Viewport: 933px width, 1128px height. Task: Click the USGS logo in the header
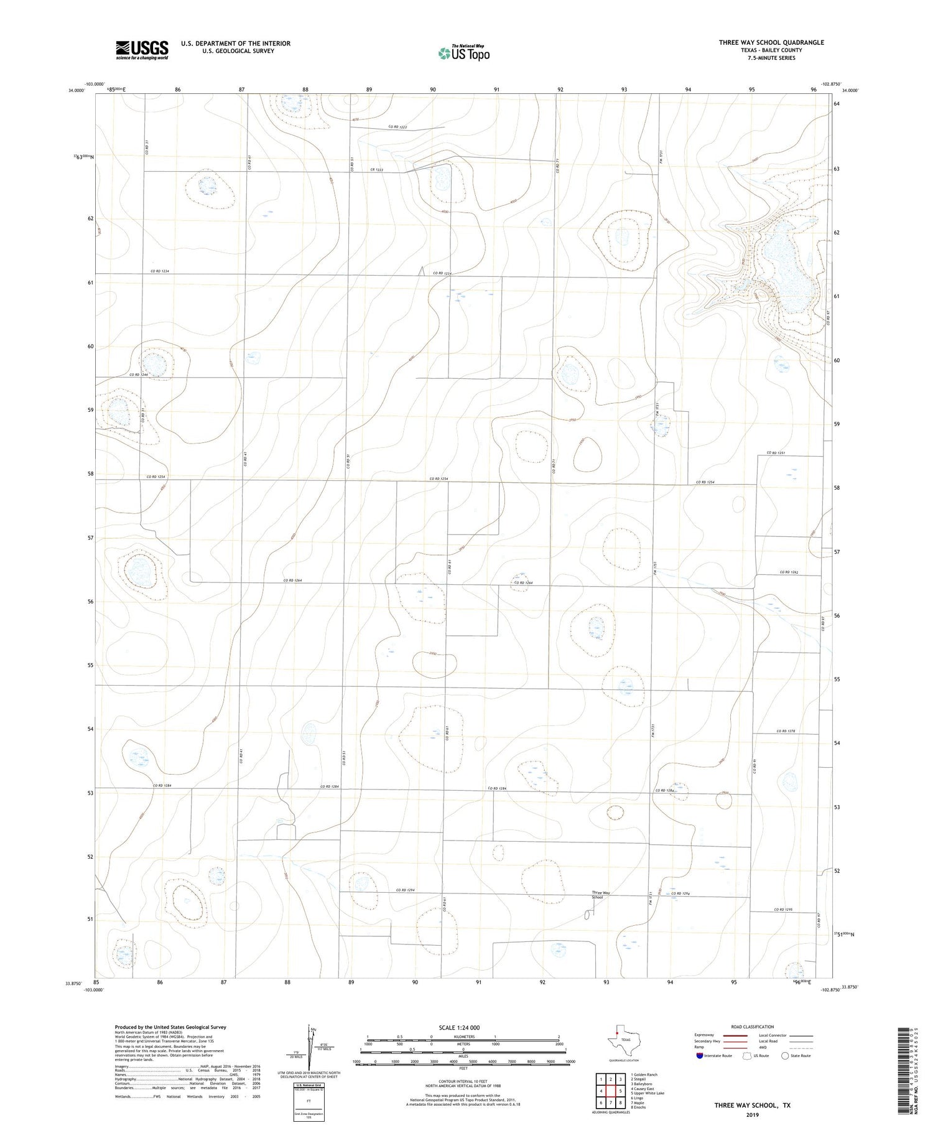142,50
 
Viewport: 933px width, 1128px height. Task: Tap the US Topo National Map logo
463,53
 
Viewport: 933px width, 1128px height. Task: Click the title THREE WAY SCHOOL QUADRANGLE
771,42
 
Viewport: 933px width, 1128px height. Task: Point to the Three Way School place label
597,895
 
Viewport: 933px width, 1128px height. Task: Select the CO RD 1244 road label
139,375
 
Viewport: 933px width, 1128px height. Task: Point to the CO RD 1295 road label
783,910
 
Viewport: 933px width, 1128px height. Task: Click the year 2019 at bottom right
753,1114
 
